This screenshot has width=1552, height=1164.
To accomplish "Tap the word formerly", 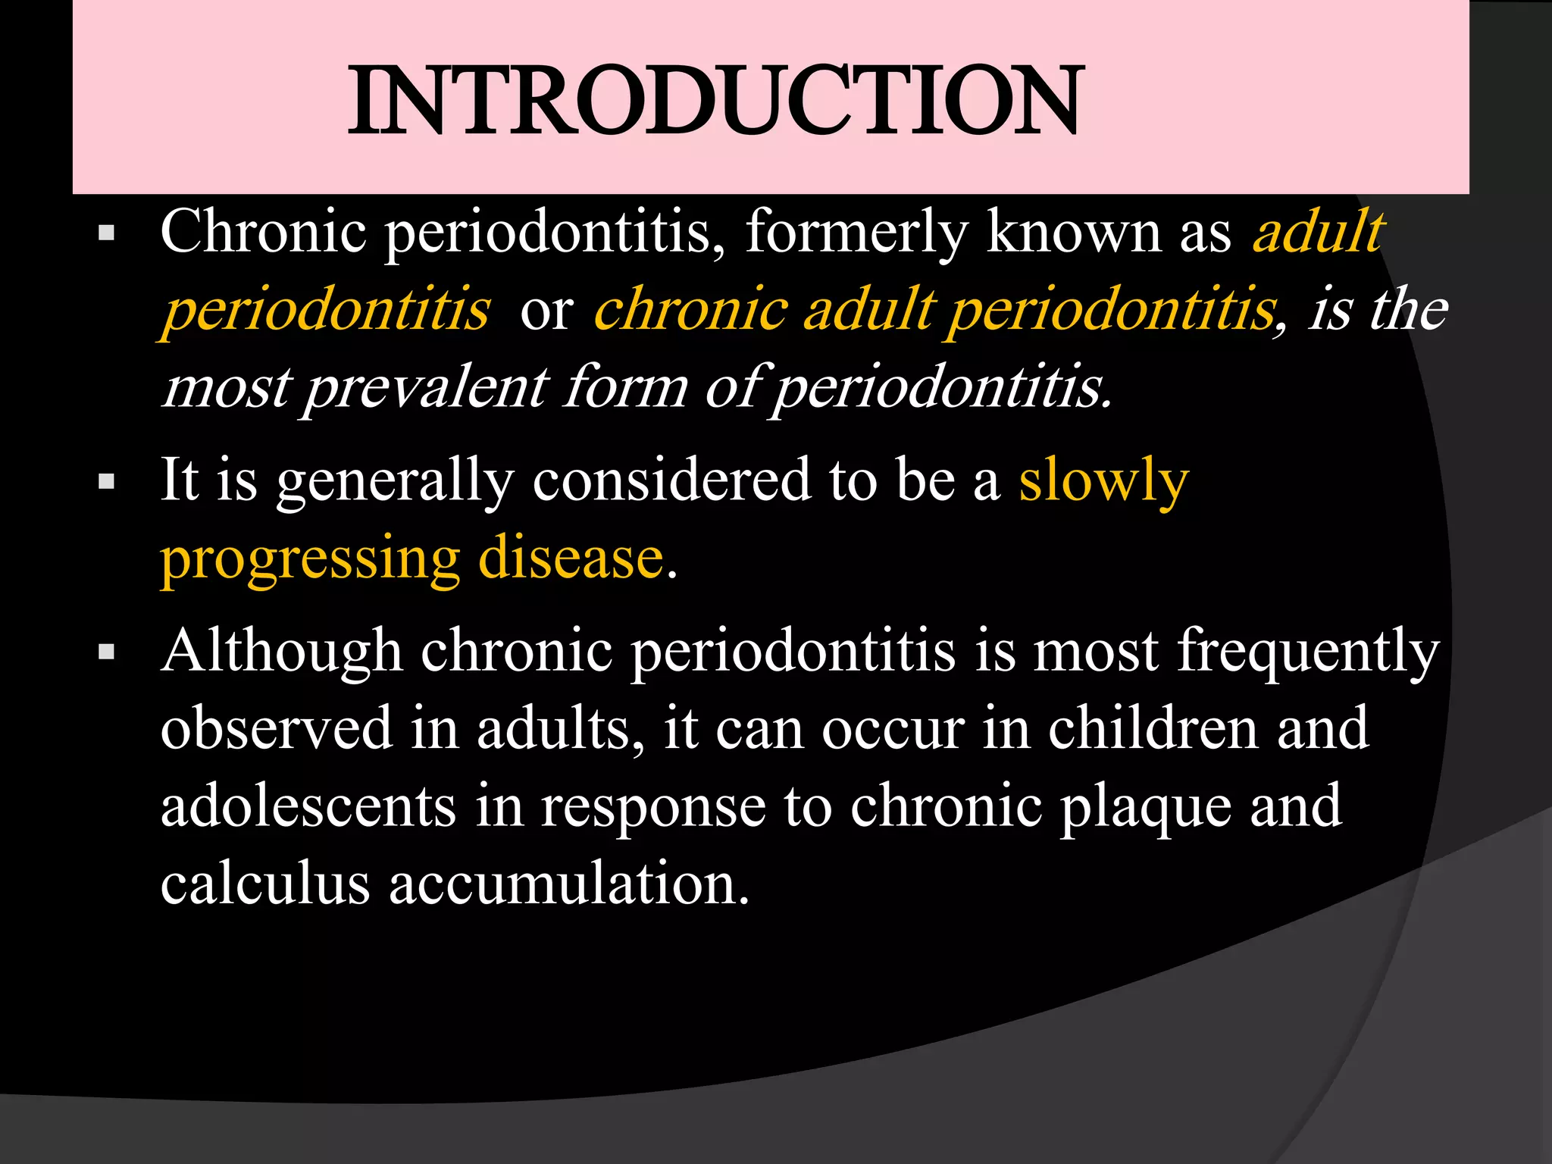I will pyautogui.click(x=856, y=232).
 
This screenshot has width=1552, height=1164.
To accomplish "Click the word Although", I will pyautogui.click(x=281, y=652).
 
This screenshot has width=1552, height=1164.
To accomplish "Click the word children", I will pyautogui.click(x=1153, y=728).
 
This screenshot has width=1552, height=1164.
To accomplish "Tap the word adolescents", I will pyautogui.click(x=308, y=806).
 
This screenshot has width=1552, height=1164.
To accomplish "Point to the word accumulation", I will pyautogui.click(x=569, y=884).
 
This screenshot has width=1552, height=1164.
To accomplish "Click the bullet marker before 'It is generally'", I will pyautogui.click(x=106, y=481).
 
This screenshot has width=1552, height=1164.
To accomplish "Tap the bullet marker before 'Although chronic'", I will pyautogui.click(x=106, y=652).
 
